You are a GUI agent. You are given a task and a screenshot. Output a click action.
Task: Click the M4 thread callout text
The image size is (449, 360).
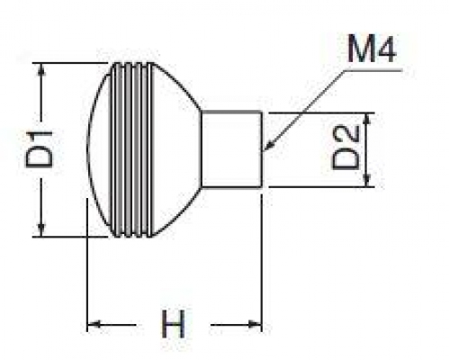[372, 49]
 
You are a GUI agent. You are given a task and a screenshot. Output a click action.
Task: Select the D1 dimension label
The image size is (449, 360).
[40, 149]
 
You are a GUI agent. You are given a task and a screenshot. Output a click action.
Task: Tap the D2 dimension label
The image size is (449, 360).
[346, 148]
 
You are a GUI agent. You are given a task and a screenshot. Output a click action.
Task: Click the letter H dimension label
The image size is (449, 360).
[173, 324]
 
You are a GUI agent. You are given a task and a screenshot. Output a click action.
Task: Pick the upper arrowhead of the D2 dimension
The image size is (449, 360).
[366, 119]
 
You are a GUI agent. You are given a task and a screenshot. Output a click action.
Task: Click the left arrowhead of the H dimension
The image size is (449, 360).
[94, 324]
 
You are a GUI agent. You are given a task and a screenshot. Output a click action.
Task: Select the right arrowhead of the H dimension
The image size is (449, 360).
[255, 324]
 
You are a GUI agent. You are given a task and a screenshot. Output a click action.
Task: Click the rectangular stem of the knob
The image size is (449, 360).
[231, 149]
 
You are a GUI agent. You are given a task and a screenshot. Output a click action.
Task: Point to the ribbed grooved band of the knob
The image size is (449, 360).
[130, 149]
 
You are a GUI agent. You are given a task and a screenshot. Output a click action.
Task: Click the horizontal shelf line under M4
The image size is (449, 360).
[373, 70]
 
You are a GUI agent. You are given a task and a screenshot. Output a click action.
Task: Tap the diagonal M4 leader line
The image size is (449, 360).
[305, 110]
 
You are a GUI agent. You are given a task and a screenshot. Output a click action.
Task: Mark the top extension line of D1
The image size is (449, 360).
[70, 63]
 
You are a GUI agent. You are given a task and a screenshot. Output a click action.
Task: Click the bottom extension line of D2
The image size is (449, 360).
[321, 187]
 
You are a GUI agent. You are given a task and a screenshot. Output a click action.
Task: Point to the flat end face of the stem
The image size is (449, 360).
[262, 149]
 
